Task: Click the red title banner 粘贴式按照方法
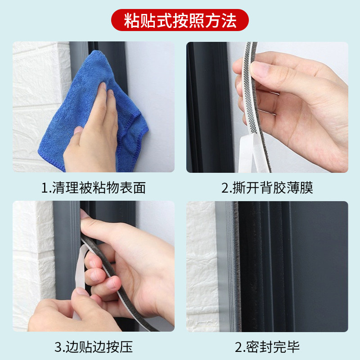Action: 180,20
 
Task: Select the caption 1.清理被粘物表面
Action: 94,188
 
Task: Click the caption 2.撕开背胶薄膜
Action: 267,188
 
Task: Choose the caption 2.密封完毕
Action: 267,347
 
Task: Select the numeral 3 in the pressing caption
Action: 58,347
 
